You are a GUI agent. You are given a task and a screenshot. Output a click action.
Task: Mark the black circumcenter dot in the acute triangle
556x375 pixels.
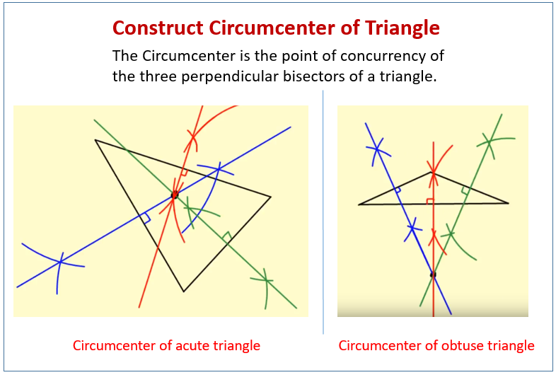(x=175, y=195)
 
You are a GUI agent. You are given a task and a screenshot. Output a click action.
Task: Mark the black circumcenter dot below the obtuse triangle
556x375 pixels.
(x=433, y=275)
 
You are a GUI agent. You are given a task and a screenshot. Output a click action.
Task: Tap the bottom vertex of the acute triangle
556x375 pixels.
(x=183, y=292)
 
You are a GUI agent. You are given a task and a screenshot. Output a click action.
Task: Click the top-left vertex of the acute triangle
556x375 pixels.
(x=95, y=140)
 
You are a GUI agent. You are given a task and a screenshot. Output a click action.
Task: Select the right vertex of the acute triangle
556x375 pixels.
(x=270, y=197)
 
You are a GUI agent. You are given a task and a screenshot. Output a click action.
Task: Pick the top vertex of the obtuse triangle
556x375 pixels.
(x=433, y=172)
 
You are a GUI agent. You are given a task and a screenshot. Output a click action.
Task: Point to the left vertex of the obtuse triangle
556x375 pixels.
(x=359, y=204)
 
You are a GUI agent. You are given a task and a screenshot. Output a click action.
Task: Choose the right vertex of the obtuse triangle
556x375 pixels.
(x=508, y=203)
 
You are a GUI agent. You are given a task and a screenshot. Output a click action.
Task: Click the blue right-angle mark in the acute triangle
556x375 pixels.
(x=146, y=219)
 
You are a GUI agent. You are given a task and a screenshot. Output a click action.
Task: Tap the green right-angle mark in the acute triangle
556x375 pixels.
(x=227, y=236)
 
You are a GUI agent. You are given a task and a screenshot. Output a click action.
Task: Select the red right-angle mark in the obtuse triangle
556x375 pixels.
(x=429, y=200)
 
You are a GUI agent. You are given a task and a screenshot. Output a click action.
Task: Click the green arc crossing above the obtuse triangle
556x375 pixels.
(x=489, y=142)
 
